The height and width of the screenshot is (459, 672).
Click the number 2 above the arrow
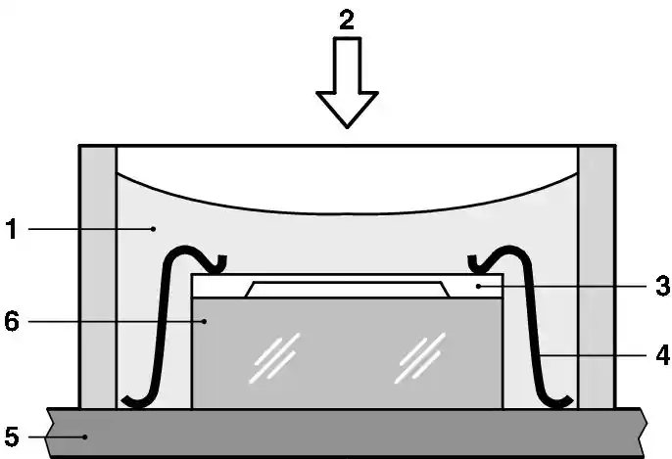pyautogui.click(x=347, y=20)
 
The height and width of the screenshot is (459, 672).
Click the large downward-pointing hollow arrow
pyautogui.click(x=347, y=82)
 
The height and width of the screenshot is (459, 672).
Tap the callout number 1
pyautogui.click(x=12, y=229)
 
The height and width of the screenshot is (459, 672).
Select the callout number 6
pyautogui.click(x=12, y=321)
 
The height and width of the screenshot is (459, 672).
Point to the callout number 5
pyautogui.click(x=12, y=436)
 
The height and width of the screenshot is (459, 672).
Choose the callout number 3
pyautogui.click(x=662, y=286)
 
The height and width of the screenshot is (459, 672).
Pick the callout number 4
pyautogui.click(x=662, y=355)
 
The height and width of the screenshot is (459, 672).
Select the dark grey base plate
pyautogui.click(x=347, y=433)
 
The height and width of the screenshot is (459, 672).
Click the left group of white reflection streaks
pyautogui.click(x=274, y=358)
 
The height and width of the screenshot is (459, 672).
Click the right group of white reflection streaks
pyautogui.click(x=420, y=358)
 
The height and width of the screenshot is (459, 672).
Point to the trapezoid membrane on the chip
pyautogui.click(x=347, y=290)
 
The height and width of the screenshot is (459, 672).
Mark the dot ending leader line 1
pyautogui.click(x=153, y=229)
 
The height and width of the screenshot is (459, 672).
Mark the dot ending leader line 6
pyautogui.click(x=206, y=321)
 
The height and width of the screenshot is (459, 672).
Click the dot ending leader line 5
pyautogui.click(x=85, y=436)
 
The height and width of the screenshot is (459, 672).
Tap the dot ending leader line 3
pyautogui.click(x=478, y=286)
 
